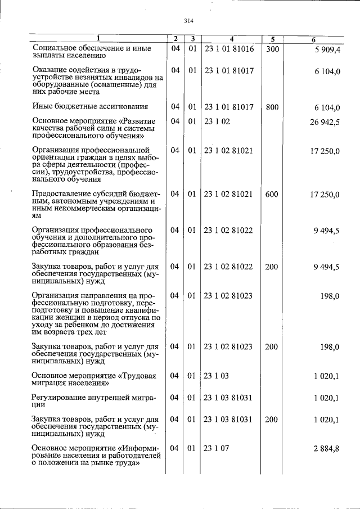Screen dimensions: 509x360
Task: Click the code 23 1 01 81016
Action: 229,49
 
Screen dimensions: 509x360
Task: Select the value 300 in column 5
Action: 272,49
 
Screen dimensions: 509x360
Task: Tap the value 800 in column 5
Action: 272,106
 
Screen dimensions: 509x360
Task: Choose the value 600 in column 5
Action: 272,194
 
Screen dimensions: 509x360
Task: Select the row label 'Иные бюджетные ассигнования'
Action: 90,106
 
